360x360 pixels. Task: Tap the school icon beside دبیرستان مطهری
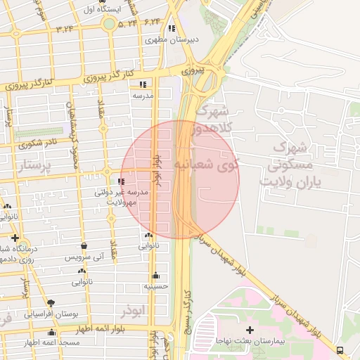pyautogui.click(x=172, y=29)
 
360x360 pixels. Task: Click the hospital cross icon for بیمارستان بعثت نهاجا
pyautogui.click(x=249, y=329)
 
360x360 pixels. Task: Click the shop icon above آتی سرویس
pyautogui.click(x=85, y=246)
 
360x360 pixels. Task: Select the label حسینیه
pyautogui.click(x=155, y=286)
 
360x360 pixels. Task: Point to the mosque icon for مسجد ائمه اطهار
pyautogui.click(x=51, y=333)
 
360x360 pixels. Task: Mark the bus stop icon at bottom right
pyautogui.click(x=341, y=349)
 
